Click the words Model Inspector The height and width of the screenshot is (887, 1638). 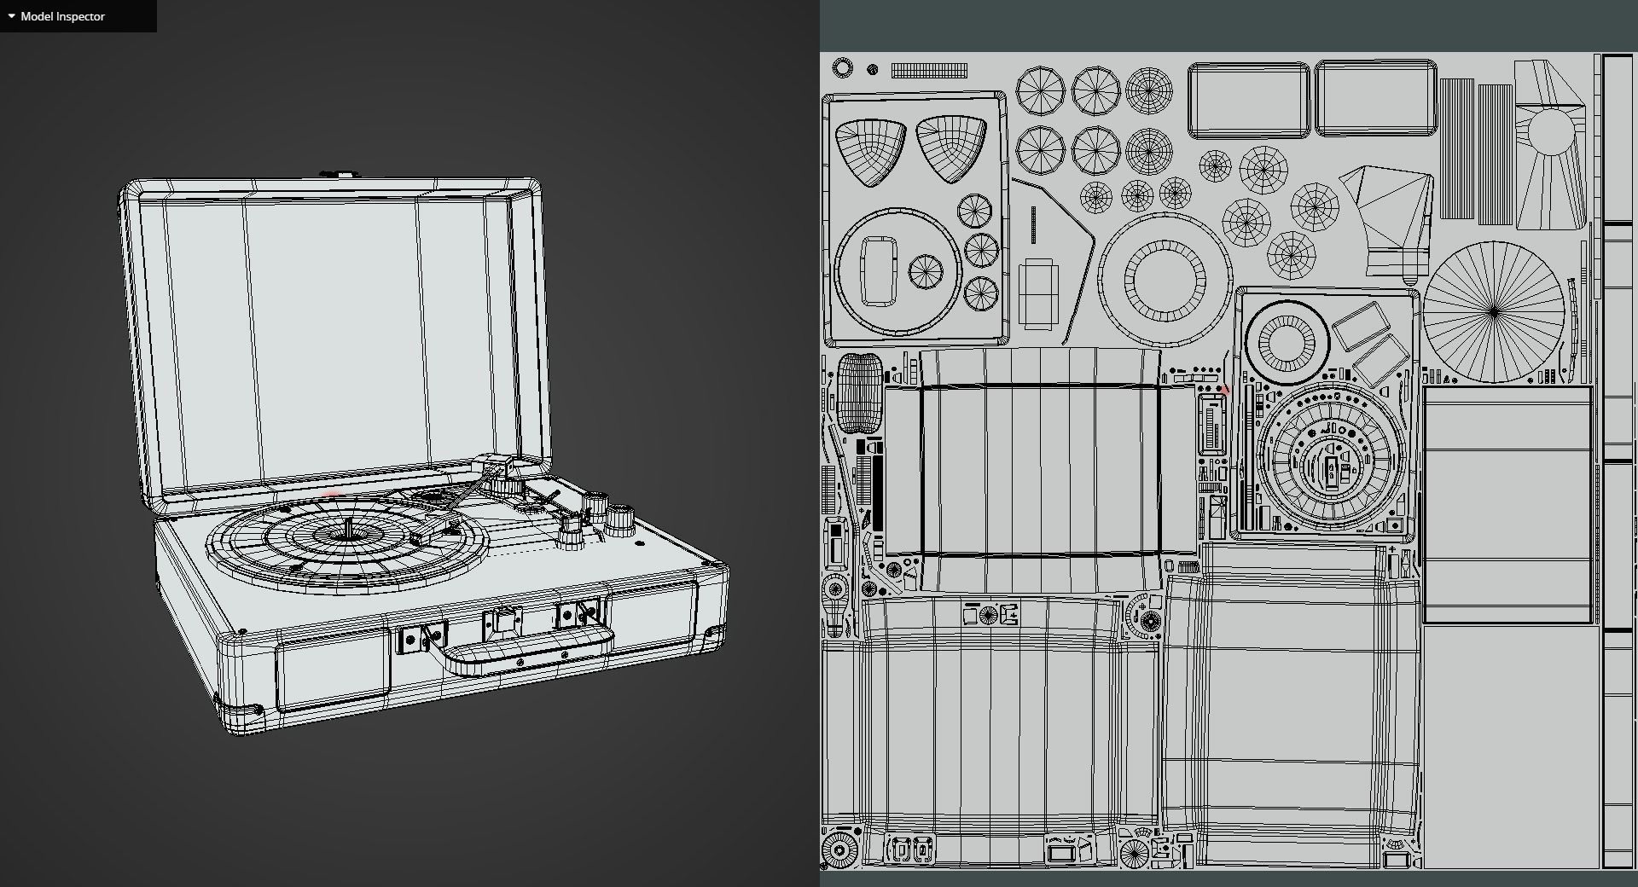pos(62,16)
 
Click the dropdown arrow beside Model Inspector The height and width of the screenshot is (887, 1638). pos(11,16)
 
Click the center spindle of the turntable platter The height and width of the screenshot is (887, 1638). pos(351,530)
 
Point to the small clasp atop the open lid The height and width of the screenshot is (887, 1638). pos(340,174)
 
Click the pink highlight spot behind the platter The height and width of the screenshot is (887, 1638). pos(332,496)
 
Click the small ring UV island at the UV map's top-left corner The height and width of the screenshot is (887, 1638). pos(842,67)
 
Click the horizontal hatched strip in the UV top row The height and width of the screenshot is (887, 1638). pos(929,70)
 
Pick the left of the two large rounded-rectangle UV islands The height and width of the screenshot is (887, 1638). pos(1248,99)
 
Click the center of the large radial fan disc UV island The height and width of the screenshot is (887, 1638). pos(1494,312)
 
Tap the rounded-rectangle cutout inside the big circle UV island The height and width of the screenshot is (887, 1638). pos(879,270)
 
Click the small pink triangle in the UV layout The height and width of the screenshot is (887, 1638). pos(1225,390)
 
